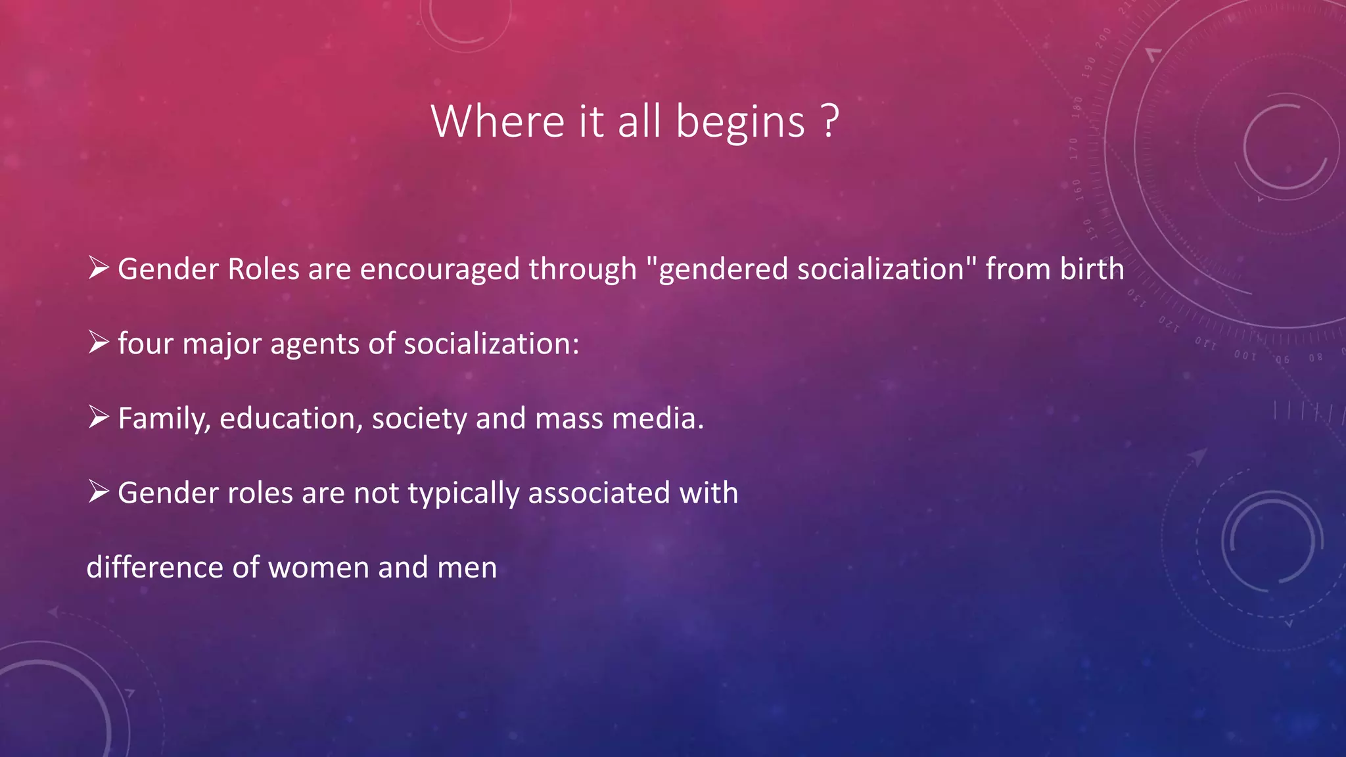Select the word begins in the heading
pos(740,122)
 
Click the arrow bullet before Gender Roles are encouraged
pos(98,267)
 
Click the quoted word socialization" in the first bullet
pos(887,269)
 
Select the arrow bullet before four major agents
pos(98,342)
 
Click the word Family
pos(164,419)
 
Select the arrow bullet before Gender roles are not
pos(98,491)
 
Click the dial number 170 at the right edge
pos(1074,149)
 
